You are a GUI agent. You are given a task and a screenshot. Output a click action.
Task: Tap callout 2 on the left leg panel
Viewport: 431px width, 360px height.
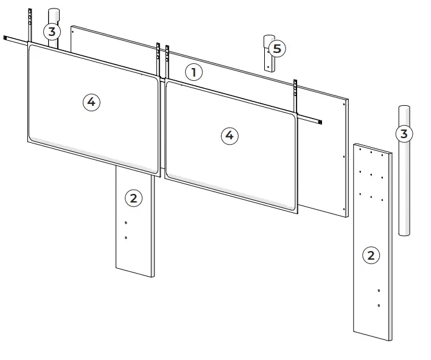(x=133, y=197)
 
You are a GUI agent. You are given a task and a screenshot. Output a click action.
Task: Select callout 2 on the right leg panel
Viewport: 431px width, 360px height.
(x=371, y=255)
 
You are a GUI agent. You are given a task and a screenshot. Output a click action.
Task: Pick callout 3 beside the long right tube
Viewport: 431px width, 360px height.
(x=404, y=133)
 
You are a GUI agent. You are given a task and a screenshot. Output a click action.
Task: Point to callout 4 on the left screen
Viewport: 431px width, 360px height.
(x=91, y=102)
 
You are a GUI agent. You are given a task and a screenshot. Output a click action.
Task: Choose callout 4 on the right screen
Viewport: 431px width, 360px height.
(x=229, y=136)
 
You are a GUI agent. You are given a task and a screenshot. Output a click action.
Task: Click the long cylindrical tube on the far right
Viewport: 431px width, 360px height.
(x=404, y=182)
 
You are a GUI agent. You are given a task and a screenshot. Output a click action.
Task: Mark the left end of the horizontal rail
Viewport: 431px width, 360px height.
(x=6, y=39)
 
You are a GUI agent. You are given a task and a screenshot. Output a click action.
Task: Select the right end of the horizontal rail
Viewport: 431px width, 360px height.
(x=320, y=123)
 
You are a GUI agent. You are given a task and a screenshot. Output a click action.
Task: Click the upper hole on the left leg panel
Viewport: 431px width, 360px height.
(x=125, y=223)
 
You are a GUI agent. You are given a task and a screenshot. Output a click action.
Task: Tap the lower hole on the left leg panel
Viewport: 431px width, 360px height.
(x=125, y=237)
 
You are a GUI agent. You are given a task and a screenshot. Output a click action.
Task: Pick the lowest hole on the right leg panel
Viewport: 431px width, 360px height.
(x=379, y=305)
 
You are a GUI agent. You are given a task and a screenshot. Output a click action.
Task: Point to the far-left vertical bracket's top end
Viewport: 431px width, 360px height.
(x=29, y=12)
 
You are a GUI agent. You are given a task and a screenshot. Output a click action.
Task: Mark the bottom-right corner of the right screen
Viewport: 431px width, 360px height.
(x=296, y=212)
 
